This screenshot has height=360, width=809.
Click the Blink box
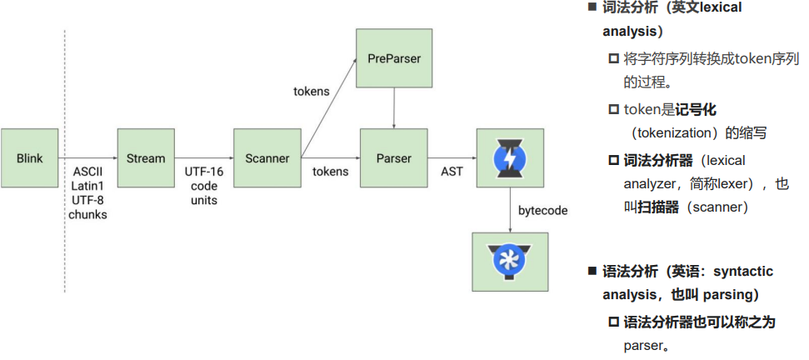tap(29, 158)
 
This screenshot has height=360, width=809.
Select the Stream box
tap(146, 158)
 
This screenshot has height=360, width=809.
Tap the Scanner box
tap(267, 158)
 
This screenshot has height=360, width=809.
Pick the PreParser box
tap(394, 58)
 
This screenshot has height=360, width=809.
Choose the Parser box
tap(394, 158)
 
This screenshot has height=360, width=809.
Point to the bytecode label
tap(542, 211)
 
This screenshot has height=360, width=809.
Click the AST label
tap(452, 172)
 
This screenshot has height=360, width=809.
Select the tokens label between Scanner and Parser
tap(331, 172)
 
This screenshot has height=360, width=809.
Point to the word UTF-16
tap(204, 171)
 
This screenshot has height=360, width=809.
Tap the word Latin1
tap(87, 185)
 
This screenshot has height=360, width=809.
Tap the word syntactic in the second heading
tap(742, 272)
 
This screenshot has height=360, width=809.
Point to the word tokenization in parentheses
tap(675, 133)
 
